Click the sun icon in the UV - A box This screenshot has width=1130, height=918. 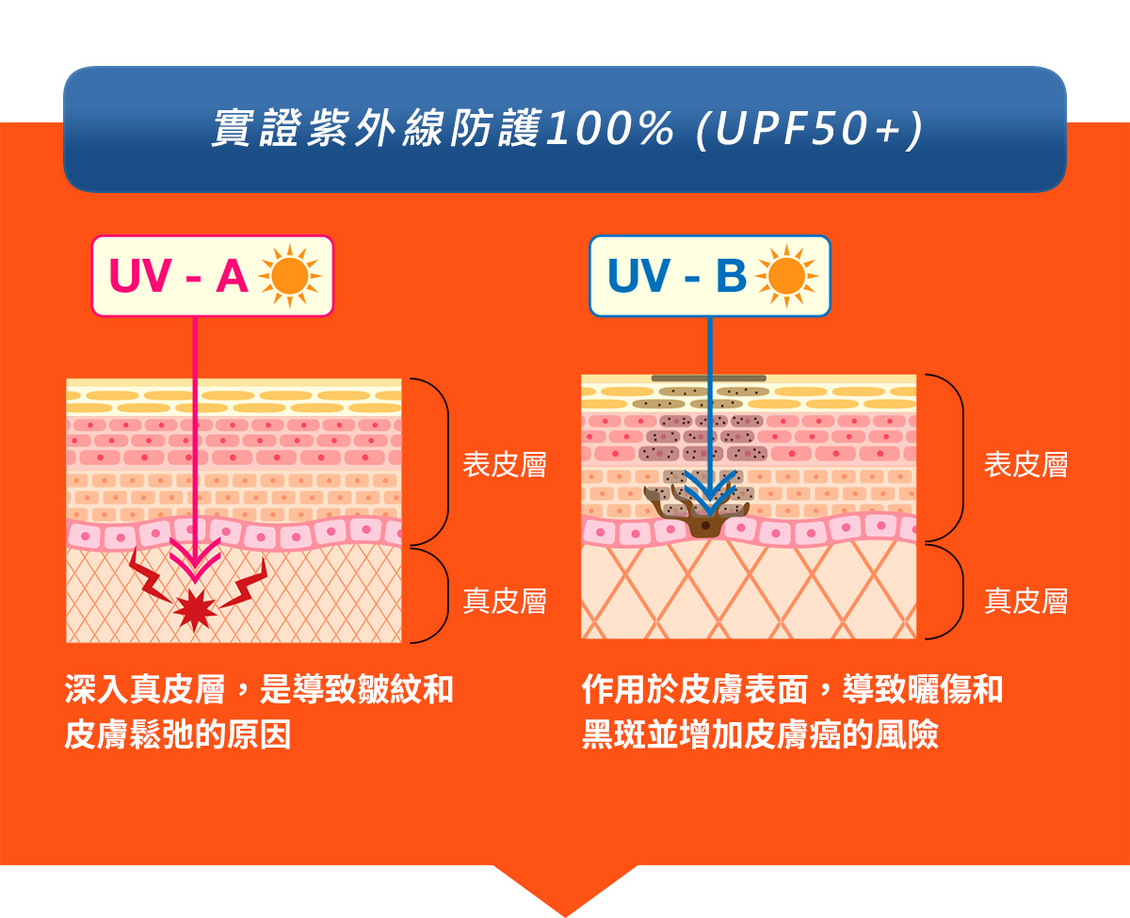click(290, 276)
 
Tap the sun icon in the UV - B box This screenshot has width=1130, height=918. click(786, 276)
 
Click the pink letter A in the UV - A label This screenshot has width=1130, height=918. click(232, 276)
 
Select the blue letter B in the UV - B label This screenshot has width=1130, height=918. click(731, 276)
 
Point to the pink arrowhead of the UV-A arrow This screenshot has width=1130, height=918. click(195, 559)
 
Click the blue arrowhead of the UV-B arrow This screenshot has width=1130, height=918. click(710, 493)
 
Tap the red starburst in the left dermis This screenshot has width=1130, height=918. click(195, 610)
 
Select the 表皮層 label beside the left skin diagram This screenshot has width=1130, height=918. click(504, 464)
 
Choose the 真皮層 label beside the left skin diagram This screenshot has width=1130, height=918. click(504, 601)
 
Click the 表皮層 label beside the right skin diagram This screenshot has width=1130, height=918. click(1025, 464)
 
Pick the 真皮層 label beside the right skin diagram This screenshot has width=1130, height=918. click(1025, 601)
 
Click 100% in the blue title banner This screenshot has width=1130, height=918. click(610, 129)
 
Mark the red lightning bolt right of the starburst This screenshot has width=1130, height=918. click(244, 584)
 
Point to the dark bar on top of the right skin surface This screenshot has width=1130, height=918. click(709, 378)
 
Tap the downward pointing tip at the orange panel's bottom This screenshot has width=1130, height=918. click(566, 916)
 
